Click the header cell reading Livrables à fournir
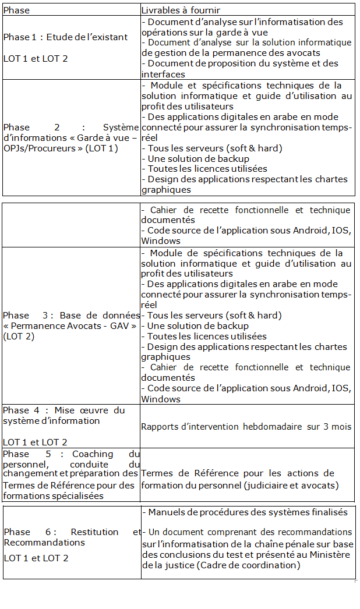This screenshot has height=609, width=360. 181,10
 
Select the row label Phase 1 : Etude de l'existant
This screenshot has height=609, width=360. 65,37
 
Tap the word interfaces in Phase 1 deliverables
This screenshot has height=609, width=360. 163,74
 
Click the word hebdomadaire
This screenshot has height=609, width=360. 264,427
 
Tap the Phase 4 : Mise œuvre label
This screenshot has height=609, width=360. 64,410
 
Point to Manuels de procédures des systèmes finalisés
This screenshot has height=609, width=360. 248,512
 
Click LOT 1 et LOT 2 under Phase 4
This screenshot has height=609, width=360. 35,442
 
